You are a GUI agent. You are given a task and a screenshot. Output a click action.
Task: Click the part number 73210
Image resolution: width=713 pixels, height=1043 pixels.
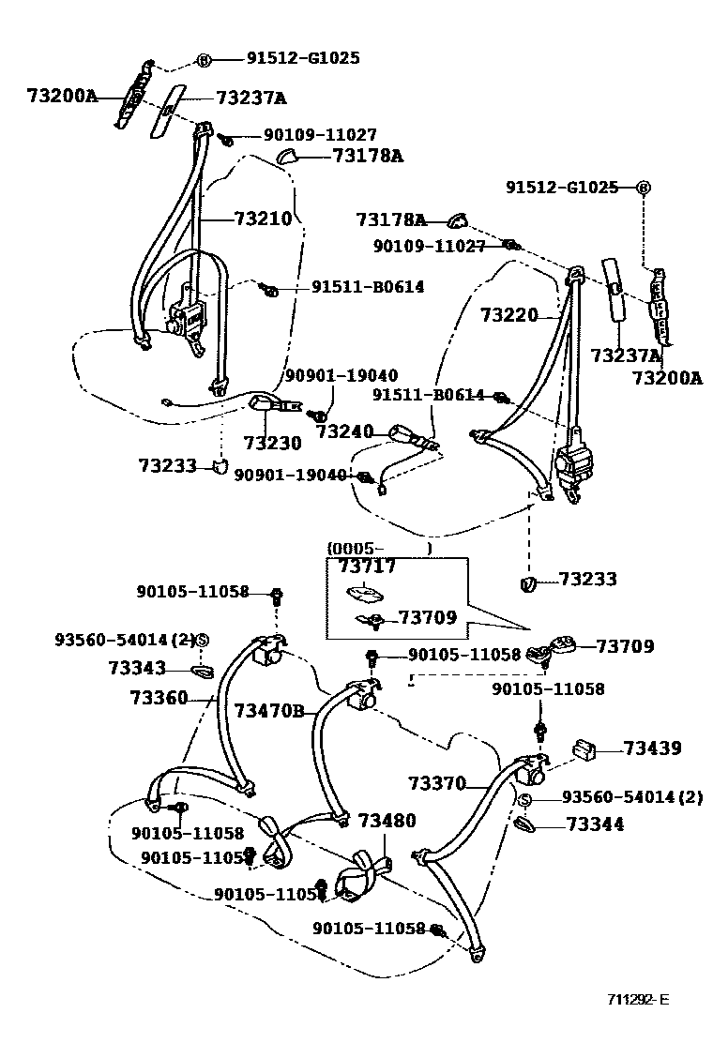264,219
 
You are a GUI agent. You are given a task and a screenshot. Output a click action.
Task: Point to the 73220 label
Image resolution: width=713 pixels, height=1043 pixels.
509,315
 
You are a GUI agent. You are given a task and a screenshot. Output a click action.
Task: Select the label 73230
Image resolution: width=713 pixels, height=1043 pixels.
272,443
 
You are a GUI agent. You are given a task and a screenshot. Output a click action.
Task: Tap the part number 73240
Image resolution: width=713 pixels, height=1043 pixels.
344,432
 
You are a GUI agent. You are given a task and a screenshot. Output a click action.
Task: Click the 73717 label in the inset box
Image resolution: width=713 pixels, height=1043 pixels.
367,567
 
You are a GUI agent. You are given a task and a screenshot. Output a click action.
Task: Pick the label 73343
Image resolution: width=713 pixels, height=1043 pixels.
137,668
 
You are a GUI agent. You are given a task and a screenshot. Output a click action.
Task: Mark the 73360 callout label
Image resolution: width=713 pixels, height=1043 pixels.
159,698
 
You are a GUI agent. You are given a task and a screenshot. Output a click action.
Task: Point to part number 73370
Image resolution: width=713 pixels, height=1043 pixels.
437,782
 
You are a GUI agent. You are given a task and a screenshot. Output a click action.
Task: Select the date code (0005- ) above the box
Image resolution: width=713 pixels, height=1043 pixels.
379,548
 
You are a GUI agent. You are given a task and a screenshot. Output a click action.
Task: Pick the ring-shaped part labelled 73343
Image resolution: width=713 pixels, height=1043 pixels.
202,670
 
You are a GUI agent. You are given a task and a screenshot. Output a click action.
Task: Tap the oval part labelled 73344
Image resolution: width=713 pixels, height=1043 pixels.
526,824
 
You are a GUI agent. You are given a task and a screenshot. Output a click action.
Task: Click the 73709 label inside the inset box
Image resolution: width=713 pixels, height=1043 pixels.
427,617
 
